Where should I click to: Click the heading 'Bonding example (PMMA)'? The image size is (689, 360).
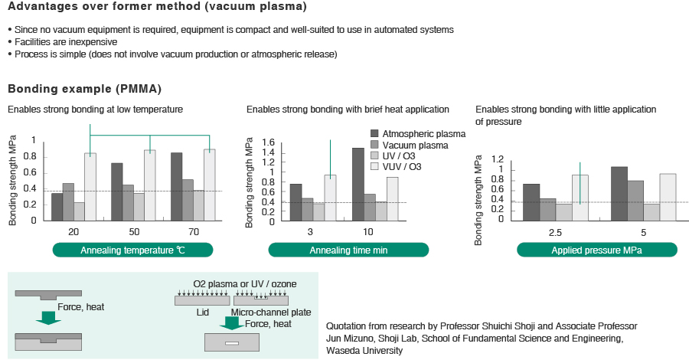click(84, 88)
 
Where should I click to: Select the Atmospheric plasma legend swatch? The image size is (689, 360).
click(374, 133)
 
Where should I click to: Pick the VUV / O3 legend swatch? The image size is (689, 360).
click(374, 166)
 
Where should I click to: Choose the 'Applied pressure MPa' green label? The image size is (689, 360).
click(596, 250)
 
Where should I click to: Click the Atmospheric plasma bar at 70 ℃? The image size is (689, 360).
click(176, 186)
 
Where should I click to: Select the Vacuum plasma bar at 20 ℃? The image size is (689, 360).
click(68, 201)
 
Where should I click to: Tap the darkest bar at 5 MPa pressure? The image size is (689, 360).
click(619, 192)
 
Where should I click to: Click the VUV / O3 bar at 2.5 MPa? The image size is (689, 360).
click(580, 196)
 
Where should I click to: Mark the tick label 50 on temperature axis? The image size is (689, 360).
click(133, 231)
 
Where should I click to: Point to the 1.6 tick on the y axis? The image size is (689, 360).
click(267, 142)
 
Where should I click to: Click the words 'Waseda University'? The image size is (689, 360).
click(364, 350)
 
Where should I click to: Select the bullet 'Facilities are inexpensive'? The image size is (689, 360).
click(66, 41)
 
